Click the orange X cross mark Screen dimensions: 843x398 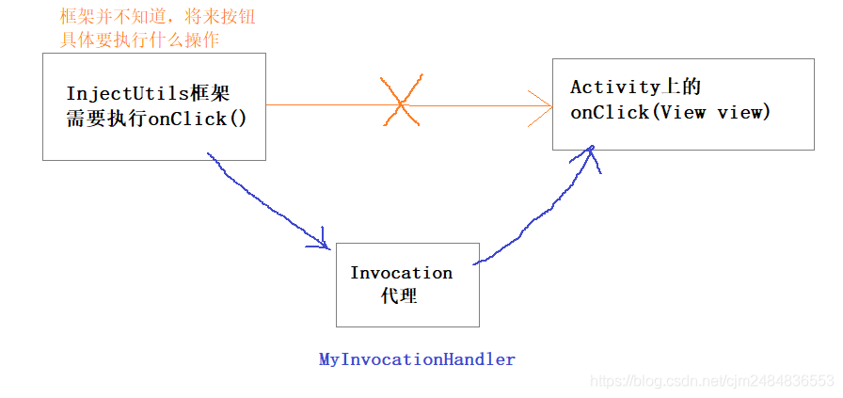pos(400,103)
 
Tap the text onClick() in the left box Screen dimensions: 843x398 pos(198,119)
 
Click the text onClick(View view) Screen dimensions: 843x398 pos(670,112)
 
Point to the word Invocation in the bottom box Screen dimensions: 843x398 pos(401,273)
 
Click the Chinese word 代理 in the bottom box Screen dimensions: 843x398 pos(399,295)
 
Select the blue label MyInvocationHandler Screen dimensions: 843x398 pos(417,359)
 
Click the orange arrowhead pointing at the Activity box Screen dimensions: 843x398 pos(542,104)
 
